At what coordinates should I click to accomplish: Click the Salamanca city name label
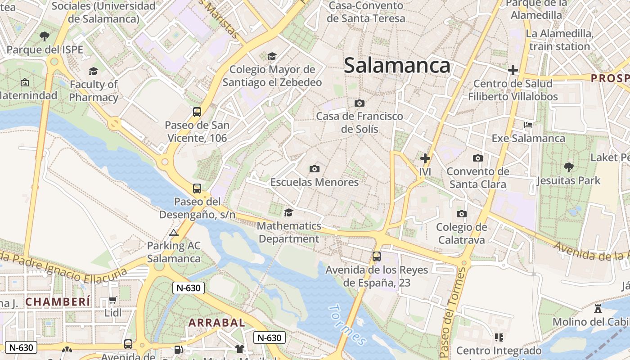397,66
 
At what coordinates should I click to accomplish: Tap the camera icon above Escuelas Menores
315,169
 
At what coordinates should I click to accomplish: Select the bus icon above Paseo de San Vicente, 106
197,112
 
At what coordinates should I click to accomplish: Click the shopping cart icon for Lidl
112,300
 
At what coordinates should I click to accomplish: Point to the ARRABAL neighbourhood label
216,323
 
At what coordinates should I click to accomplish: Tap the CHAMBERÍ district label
58,301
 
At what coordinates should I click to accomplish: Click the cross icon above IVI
425,158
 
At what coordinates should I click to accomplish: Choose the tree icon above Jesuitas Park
568,167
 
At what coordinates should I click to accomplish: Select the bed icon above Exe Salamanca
528,125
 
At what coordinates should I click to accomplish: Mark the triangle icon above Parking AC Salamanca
174,233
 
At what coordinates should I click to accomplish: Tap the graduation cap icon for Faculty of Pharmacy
93,71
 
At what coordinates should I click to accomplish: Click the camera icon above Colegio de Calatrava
461,214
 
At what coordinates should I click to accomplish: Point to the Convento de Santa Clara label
478,178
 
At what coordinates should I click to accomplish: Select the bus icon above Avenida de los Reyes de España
377,256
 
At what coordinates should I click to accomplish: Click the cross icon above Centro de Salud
513,70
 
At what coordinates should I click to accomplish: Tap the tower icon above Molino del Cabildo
598,309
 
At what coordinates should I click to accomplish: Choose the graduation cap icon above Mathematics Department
288,212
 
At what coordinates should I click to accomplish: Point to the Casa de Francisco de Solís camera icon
359,103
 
